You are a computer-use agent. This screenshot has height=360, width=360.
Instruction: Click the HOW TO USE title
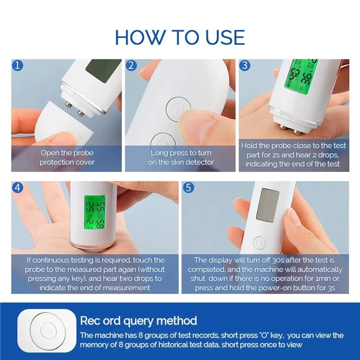180,37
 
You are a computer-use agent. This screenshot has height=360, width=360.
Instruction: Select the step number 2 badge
131,66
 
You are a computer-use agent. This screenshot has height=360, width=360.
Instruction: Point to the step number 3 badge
245,66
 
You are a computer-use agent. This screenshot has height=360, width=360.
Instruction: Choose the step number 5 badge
189,188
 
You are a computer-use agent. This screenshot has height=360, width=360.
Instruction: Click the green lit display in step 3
301,75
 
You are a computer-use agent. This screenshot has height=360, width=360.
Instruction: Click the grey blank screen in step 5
267,205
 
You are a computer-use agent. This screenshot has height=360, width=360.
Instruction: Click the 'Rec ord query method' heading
138,321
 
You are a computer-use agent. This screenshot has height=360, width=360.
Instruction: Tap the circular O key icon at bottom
47,331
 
